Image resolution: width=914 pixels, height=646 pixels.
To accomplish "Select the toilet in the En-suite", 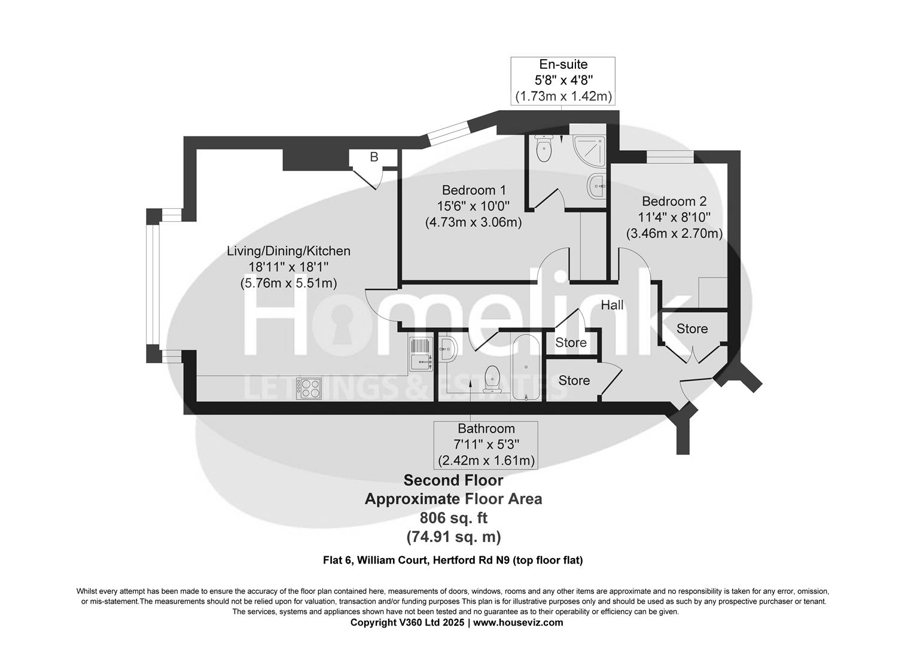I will [x=544, y=150].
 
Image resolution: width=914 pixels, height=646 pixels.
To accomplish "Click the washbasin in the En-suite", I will [x=596, y=187].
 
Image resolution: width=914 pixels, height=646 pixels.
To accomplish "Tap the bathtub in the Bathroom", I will [x=526, y=367].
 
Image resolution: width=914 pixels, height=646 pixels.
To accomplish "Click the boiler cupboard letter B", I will [x=374, y=157].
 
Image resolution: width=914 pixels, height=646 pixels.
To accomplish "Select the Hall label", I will [x=612, y=305].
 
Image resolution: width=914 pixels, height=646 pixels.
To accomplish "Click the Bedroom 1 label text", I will [x=474, y=190].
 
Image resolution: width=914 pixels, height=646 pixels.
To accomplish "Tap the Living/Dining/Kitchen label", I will [x=288, y=251].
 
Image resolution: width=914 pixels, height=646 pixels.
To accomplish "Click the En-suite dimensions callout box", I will [x=563, y=80].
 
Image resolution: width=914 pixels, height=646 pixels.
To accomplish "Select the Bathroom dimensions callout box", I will [x=486, y=444].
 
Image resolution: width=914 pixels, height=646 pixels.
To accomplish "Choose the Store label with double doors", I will [x=692, y=329].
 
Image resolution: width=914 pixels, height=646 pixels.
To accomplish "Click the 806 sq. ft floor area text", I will [x=453, y=518].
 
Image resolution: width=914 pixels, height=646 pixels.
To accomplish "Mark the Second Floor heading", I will [x=453, y=480].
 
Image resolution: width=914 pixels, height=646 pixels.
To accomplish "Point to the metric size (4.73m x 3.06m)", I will [x=474, y=223].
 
